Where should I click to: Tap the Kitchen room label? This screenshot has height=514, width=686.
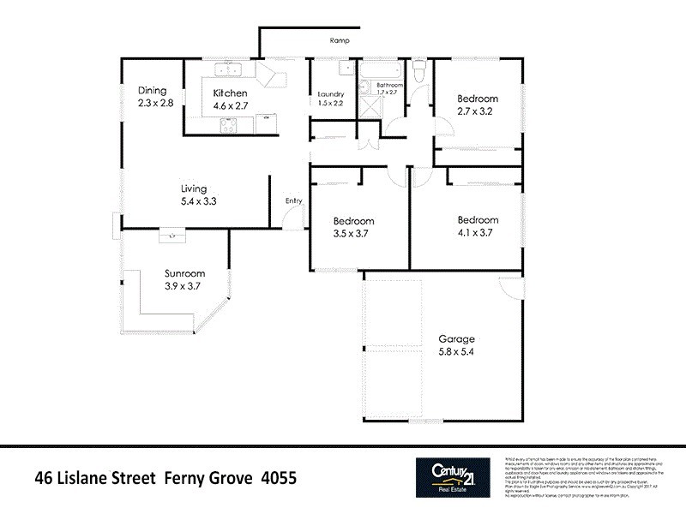(230, 93)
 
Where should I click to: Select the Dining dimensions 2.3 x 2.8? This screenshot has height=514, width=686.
(155, 103)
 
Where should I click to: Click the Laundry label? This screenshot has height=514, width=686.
(330, 93)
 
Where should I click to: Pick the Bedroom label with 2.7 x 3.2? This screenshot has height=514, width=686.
(477, 111)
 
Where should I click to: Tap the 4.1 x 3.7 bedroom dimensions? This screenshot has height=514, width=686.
(477, 231)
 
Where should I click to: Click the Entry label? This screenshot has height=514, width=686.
(294, 201)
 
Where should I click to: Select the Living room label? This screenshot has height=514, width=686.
(194, 189)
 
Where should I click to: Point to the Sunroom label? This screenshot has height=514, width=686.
(182, 274)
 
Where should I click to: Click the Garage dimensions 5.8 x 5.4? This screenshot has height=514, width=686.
(456, 351)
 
